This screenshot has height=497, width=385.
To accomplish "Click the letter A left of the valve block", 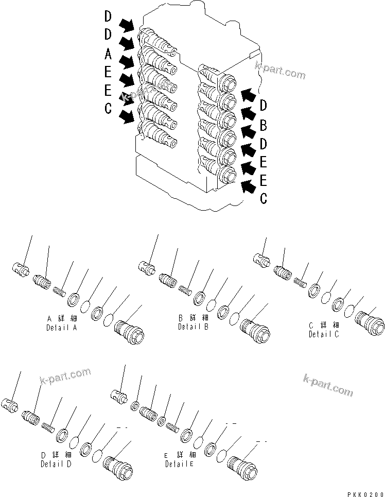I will (108, 54).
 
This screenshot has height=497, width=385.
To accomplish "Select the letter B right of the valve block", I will (263, 124).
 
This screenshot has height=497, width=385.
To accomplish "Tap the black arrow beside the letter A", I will (126, 62).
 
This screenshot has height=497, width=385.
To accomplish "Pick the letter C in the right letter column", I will (263, 198).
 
